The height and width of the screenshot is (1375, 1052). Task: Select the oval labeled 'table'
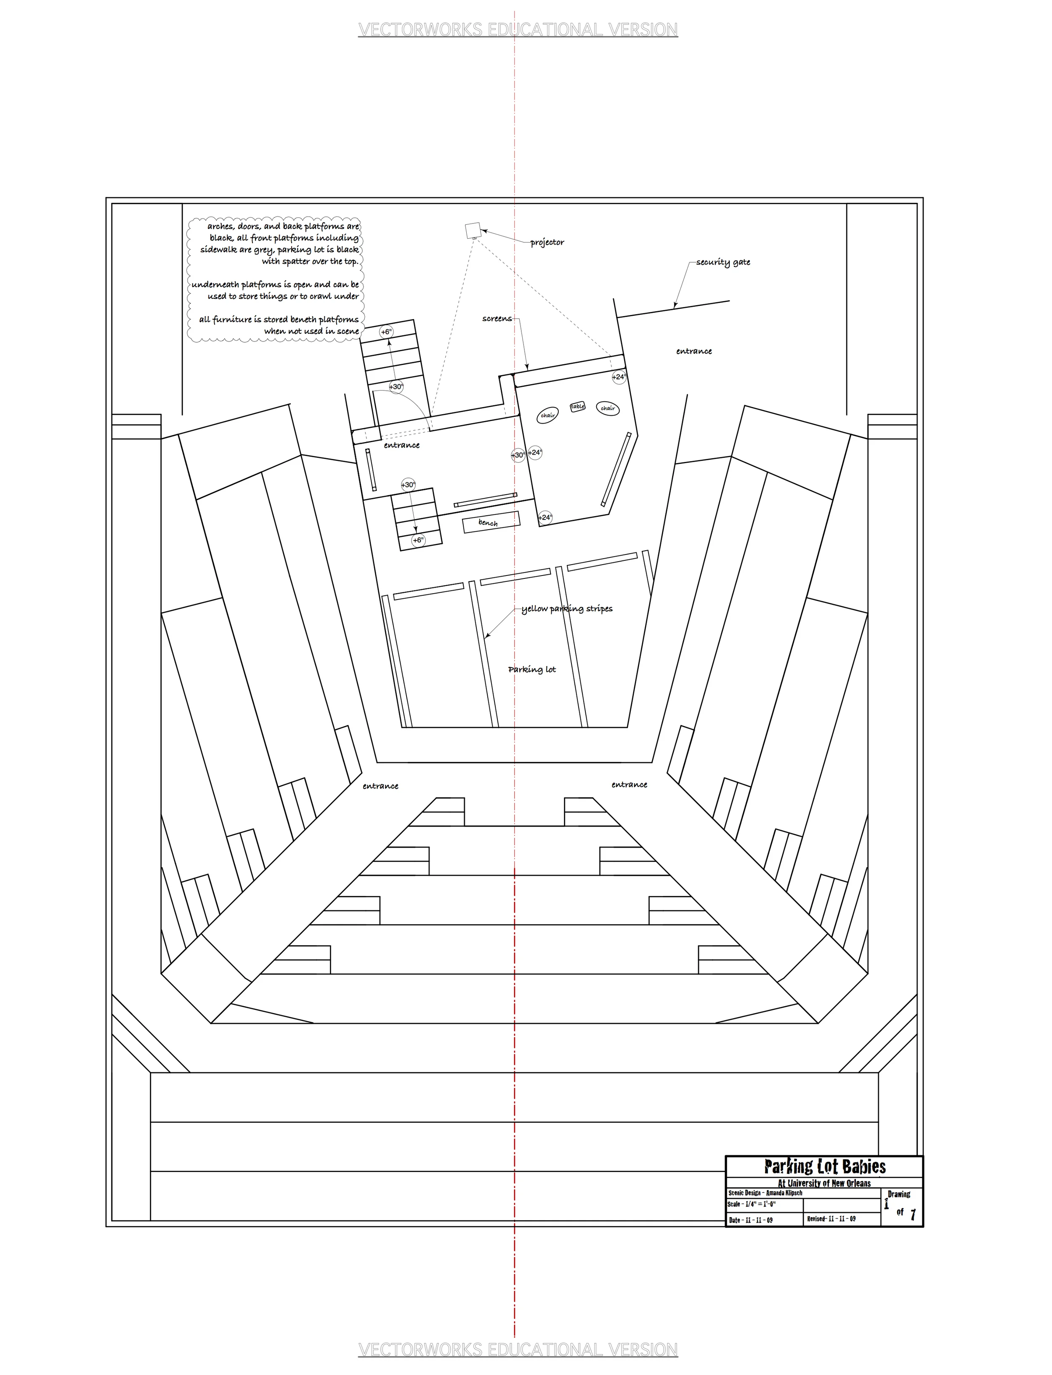tap(577, 407)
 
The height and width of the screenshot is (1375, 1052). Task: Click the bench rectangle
tap(491, 522)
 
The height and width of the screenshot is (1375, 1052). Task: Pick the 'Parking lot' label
tap(531, 670)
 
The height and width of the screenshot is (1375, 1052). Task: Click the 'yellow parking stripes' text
tap(567, 609)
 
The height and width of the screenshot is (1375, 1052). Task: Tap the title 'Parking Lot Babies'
tap(825, 1167)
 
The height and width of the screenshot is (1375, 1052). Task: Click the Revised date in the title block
tap(831, 1218)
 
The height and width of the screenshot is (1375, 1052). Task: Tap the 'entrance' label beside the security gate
tap(694, 352)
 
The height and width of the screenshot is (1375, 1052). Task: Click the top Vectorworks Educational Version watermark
tap(518, 29)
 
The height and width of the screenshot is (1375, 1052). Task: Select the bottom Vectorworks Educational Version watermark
tap(518, 1349)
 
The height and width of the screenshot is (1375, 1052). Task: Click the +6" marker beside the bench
tap(418, 540)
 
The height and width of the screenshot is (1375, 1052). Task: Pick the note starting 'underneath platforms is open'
tap(276, 290)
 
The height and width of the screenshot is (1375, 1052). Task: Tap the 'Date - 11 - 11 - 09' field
tap(750, 1220)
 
